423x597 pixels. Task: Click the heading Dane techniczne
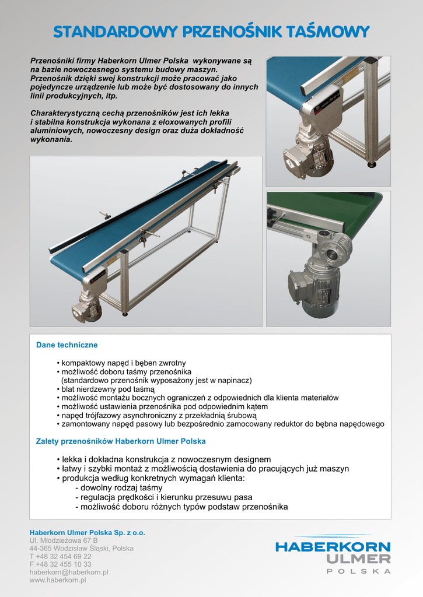click(67, 345)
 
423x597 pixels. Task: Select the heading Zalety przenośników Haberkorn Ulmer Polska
click(121, 441)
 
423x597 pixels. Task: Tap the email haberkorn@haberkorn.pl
click(69, 573)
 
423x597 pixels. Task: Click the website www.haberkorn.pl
click(58, 581)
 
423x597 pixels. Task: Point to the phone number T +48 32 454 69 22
click(60, 557)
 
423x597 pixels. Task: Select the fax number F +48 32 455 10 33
click(60, 564)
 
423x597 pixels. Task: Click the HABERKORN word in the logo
click(333, 547)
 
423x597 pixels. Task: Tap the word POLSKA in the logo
click(358, 571)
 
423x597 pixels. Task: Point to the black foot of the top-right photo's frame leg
click(372, 164)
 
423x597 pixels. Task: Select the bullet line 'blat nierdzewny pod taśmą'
click(106, 389)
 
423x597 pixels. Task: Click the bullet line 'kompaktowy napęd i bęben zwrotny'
click(121, 363)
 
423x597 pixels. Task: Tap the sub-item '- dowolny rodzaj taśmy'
click(119, 487)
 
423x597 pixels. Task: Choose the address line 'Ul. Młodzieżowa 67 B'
click(64, 540)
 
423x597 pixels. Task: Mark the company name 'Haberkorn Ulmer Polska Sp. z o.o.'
click(88, 532)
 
